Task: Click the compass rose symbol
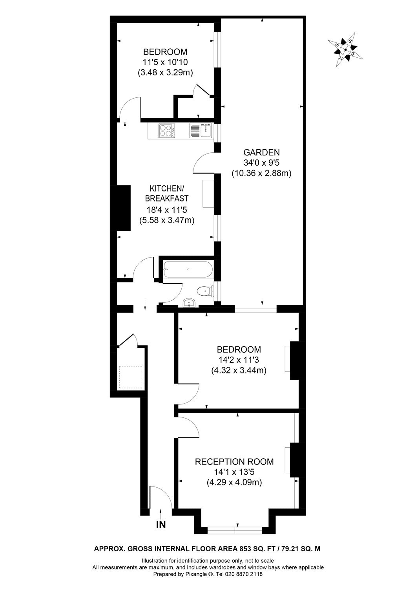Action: coord(345,49)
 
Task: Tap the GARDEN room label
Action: coord(261,152)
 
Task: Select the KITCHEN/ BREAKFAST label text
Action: coord(167,193)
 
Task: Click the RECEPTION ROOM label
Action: coord(234,462)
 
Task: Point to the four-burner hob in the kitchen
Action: coord(167,130)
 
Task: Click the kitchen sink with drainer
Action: coord(201,130)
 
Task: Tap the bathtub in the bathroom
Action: coord(188,269)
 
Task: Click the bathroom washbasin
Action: coord(190,303)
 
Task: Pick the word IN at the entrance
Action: coord(161,525)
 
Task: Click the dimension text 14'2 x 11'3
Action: coord(239,360)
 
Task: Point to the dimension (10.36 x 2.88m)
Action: coord(261,173)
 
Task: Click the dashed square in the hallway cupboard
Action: coord(130,377)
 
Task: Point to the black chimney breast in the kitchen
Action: coord(124,208)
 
